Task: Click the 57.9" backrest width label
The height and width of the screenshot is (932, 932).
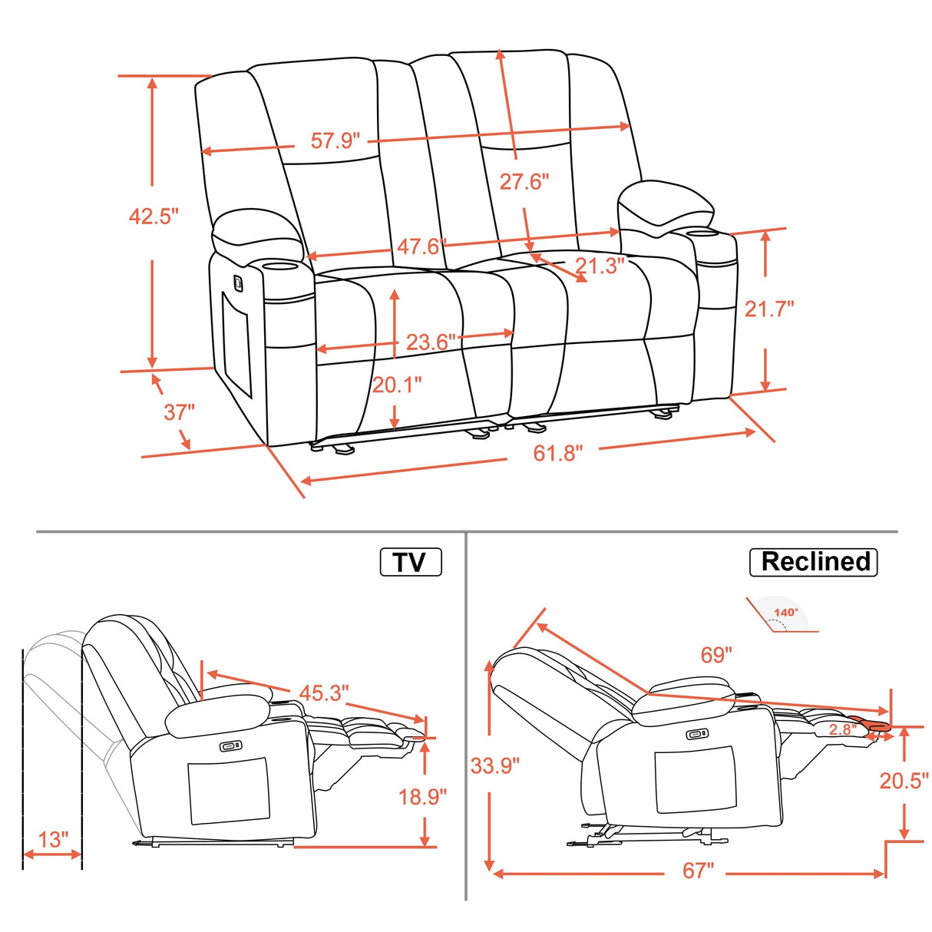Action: (x=335, y=140)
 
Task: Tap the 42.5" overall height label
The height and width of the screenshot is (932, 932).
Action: (x=154, y=216)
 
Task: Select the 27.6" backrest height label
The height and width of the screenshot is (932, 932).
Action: (x=524, y=182)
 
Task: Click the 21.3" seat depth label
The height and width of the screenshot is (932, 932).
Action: (x=600, y=266)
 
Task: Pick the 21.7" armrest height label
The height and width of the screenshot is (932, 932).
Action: (x=769, y=309)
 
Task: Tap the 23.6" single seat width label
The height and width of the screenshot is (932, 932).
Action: (x=431, y=341)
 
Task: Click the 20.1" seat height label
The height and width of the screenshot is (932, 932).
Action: (x=397, y=384)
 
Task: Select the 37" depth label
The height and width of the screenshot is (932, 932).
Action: (x=180, y=412)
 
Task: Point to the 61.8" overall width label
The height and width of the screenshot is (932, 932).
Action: (x=558, y=453)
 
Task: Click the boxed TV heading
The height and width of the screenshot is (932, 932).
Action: (x=411, y=562)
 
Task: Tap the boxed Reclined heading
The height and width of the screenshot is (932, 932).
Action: (x=814, y=561)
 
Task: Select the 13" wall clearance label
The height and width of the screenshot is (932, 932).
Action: (x=53, y=839)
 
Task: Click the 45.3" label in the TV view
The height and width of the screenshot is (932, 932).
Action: (x=323, y=692)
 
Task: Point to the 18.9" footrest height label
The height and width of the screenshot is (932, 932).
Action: (x=422, y=797)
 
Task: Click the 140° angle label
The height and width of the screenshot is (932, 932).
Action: (x=786, y=613)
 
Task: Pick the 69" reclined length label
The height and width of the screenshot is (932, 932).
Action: (x=716, y=655)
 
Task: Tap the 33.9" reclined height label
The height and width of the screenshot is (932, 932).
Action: (x=495, y=765)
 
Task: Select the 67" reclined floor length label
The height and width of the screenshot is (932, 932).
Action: (x=698, y=871)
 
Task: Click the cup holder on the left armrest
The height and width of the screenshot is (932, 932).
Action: (x=280, y=266)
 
